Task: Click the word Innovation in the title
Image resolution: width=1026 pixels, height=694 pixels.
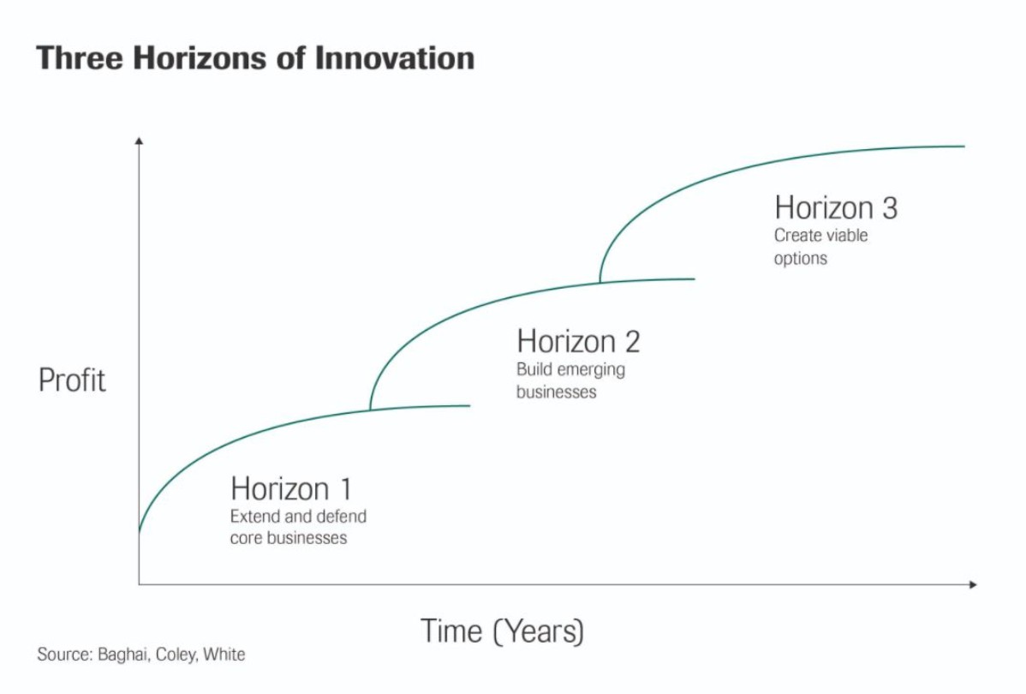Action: pyautogui.click(x=395, y=57)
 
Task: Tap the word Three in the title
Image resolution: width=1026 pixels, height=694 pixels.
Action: pyautogui.click(x=79, y=57)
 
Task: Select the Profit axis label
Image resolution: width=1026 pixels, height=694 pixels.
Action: pyautogui.click(x=72, y=380)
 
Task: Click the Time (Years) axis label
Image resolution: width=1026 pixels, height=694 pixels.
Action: pyautogui.click(x=502, y=631)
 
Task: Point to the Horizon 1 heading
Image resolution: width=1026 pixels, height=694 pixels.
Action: pyautogui.click(x=291, y=489)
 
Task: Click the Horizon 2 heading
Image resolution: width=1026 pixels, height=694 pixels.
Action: pyautogui.click(x=578, y=342)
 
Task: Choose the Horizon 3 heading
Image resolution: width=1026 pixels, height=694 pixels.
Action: pyautogui.click(x=836, y=207)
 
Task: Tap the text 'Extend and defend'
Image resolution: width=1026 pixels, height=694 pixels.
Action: pyautogui.click(x=298, y=517)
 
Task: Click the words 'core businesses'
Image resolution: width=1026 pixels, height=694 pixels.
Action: pyautogui.click(x=289, y=538)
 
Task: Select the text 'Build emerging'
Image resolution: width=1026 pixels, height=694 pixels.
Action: pyautogui.click(x=570, y=370)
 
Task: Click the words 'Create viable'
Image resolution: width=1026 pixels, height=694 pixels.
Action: pyautogui.click(x=821, y=235)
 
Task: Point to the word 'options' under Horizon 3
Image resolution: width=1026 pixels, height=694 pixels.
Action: pyautogui.click(x=800, y=259)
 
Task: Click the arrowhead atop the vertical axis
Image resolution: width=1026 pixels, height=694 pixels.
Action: pyautogui.click(x=139, y=141)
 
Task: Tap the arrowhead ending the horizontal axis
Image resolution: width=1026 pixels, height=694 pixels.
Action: pyautogui.click(x=973, y=584)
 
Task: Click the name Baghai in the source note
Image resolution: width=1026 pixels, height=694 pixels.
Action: pyautogui.click(x=122, y=655)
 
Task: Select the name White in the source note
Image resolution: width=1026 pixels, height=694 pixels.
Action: pyautogui.click(x=224, y=654)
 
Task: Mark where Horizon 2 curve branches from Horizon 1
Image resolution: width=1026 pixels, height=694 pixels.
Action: pyautogui.click(x=370, y=410)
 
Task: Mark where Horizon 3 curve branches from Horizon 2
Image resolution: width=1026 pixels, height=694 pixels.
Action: pyautogui.click(x=600, y=282)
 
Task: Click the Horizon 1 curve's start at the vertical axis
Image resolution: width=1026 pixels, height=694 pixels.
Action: pyautogui.click(x=139, y=531)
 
